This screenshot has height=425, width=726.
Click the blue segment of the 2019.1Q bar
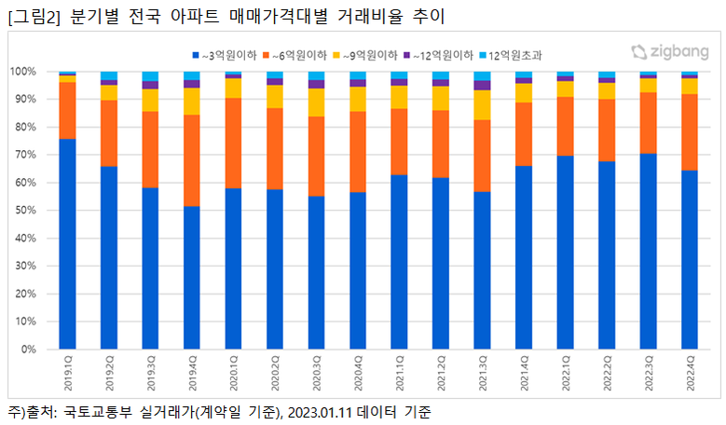(x=67, y=244)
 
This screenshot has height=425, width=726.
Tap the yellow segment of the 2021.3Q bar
(x=482, y=104)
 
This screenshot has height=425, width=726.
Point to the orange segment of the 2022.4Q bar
(x=690, y=132)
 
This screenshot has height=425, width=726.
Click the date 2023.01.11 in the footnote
(x=320, y=411)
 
